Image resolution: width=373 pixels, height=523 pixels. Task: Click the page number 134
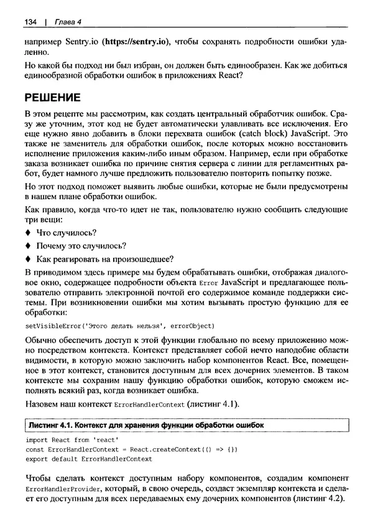click(x=31, y=23)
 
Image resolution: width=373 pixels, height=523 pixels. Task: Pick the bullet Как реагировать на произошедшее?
click(x=104, y=259)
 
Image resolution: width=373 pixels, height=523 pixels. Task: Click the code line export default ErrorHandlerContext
click(x=89, y=459)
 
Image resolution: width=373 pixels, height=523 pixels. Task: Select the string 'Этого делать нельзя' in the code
click(x=121, y=326)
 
